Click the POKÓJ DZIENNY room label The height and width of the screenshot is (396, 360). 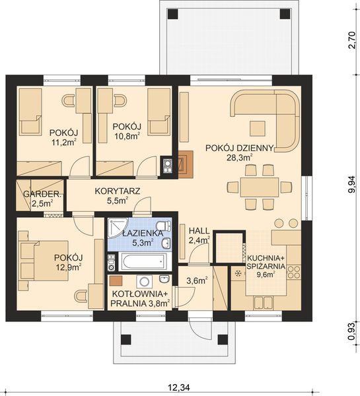pyautogui.click(x=238, y=148)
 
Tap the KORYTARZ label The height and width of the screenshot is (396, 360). pyautogui.click(x=117, y=191)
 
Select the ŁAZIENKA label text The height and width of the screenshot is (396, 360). pyautogui.click(x=142, y=233)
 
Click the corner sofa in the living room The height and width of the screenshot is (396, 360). pyautogui.click(x=271, y=115)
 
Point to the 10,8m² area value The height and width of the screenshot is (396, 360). pyautogui.click(x=127, y=137)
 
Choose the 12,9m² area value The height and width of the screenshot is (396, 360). pyautogui.click(x=68, y=267)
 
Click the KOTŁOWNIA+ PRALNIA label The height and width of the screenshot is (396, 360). pyautogui.click(x=140, y=298)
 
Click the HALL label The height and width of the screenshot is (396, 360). pyautogui.click(x=199, y=230)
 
